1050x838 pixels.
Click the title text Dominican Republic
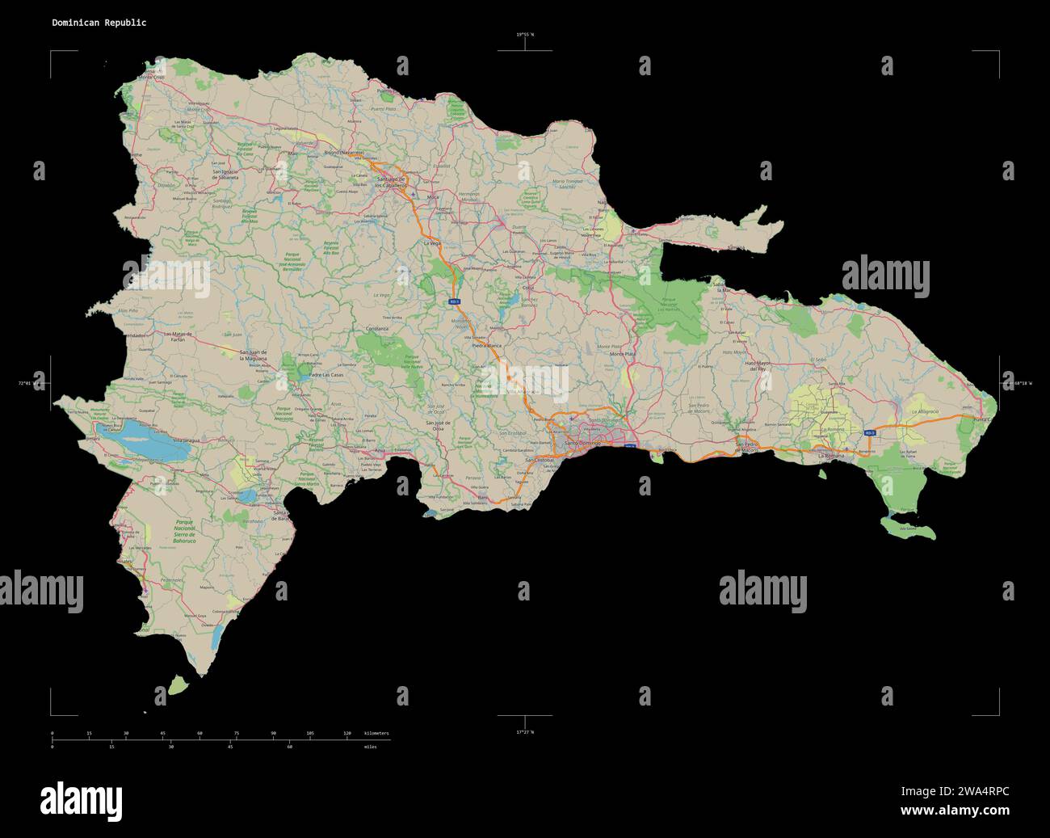pos(99,23)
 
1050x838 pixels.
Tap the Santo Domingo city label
pos(582,443)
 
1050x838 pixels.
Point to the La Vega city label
pos(431,242)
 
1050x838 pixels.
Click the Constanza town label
pos(377,329)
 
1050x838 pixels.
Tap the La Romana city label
pos(831,457)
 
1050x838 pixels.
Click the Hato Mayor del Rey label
pos(758,366)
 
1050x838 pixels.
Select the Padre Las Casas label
pos(327,375)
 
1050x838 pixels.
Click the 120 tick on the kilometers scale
pos(347,733)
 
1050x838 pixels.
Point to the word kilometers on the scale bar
pos(376,733)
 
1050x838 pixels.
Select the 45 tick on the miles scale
pos(230,747)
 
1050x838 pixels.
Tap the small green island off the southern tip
pos(178,686)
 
